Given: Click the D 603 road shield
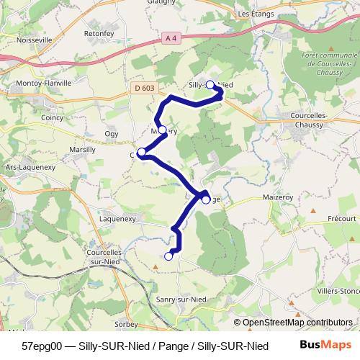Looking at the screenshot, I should click(x=144, y=88).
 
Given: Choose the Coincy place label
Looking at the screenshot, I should click(x=53, y=117).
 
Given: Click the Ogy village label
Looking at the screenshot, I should click(x=112, y=133).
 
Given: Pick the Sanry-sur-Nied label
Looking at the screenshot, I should click(x=181, y=299).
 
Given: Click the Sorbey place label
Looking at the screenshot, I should click(x=126, y=325).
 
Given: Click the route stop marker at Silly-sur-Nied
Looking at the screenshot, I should click(x=210, y=85).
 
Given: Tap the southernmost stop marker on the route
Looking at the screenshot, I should click(x=169, y=256).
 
